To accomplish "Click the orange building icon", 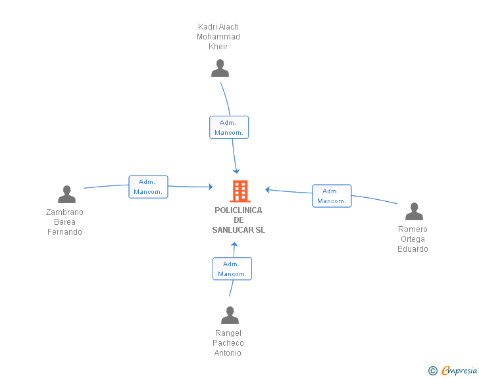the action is [240, 191].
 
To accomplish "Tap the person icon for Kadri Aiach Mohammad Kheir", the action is [220, 68].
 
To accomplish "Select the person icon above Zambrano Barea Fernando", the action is [66, 194].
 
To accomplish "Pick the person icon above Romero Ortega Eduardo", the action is [414, 211].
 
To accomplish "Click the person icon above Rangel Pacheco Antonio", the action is [230, 315].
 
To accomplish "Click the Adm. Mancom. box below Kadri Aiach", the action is [229, 128].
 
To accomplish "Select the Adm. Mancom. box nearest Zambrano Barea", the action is [148, 187].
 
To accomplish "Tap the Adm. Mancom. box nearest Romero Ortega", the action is [332, 196].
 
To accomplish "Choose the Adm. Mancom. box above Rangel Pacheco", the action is [232, 269].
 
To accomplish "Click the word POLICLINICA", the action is [238, 210].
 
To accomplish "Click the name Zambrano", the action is [64, 212].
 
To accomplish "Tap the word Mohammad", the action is [218, 37].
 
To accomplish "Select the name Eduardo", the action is [413, 249].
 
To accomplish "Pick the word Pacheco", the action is [228, 343].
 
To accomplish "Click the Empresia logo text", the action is [459, 370].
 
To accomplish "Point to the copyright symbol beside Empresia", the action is [433, 371].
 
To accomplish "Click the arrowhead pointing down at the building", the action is [236, 171].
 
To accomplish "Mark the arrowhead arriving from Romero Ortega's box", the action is [267, 189].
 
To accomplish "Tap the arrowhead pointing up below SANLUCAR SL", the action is [234, 245].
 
